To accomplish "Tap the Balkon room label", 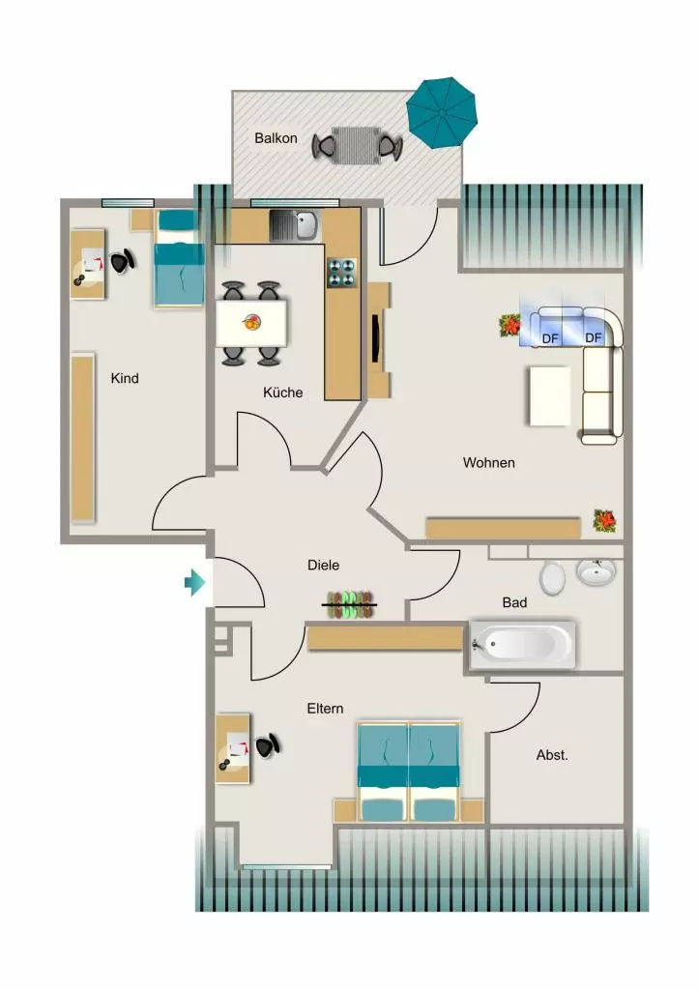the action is [276, 138].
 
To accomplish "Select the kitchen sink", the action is [294, 225].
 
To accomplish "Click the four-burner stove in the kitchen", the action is [341, 273].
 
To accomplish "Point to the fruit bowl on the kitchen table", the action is [251, 323].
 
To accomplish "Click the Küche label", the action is [283, 393].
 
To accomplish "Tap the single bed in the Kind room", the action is [179, 259].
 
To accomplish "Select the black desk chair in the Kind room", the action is [123, 260].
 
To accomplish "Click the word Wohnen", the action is [489, 463].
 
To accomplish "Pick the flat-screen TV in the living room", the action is [376, 338].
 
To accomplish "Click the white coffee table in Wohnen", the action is [550, 395].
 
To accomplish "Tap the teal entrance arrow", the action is [194, 582].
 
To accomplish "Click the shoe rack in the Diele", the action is [349, 605].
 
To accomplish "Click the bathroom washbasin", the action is [596, 571].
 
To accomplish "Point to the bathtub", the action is [522, 645].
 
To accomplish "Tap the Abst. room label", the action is [552, 754].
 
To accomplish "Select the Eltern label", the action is [325, 709].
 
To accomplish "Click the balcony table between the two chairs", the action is [356, 145].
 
